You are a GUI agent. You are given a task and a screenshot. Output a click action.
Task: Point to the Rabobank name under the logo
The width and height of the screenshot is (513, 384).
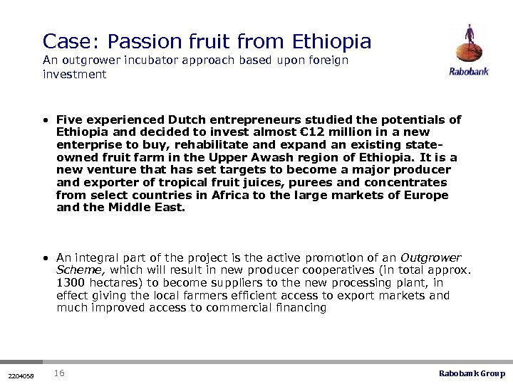pyautogui.click(x=468, y=71)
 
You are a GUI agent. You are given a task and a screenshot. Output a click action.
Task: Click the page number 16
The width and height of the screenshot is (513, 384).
pyautogui.click(x=60, y=373)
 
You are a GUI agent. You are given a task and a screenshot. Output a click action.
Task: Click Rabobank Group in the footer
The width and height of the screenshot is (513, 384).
pyautogui.click(x=471, y=373)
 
